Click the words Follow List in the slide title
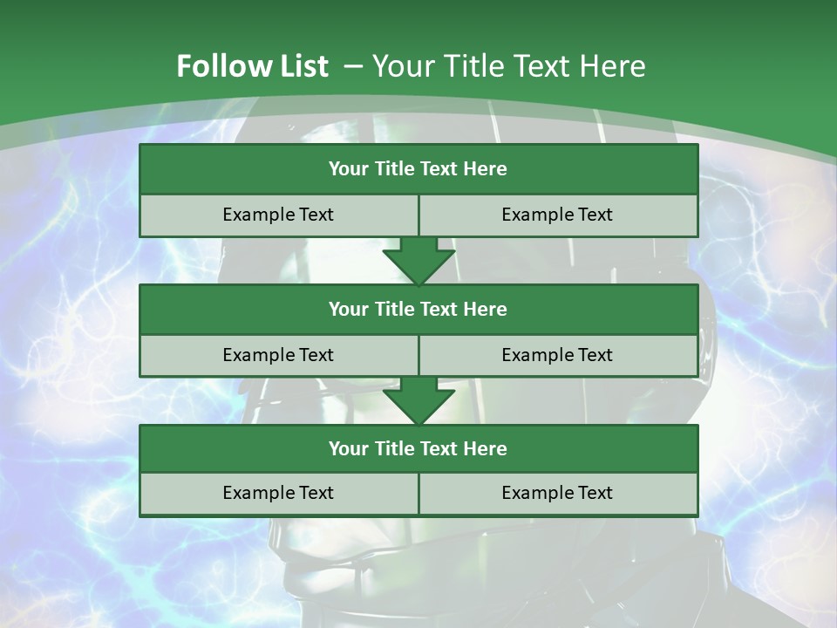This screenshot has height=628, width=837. click(252, 66)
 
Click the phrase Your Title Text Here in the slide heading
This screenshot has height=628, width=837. click(508, 66)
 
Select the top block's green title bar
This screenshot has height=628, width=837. click(418, 169)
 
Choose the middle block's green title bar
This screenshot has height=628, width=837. click(418, 309)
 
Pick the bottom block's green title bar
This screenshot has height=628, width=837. click(418, 448)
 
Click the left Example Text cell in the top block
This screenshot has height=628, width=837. click(278, 215)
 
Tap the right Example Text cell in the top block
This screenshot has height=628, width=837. click(558, 215)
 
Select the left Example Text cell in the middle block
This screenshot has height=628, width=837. click(278, 355)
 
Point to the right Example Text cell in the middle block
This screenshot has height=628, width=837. click(558, 355)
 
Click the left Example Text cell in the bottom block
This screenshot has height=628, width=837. click(278, 493)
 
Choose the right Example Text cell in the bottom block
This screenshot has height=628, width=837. click(558, 493)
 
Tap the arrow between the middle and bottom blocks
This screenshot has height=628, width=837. click(418, 399)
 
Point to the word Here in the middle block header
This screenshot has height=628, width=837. click(486, 309)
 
